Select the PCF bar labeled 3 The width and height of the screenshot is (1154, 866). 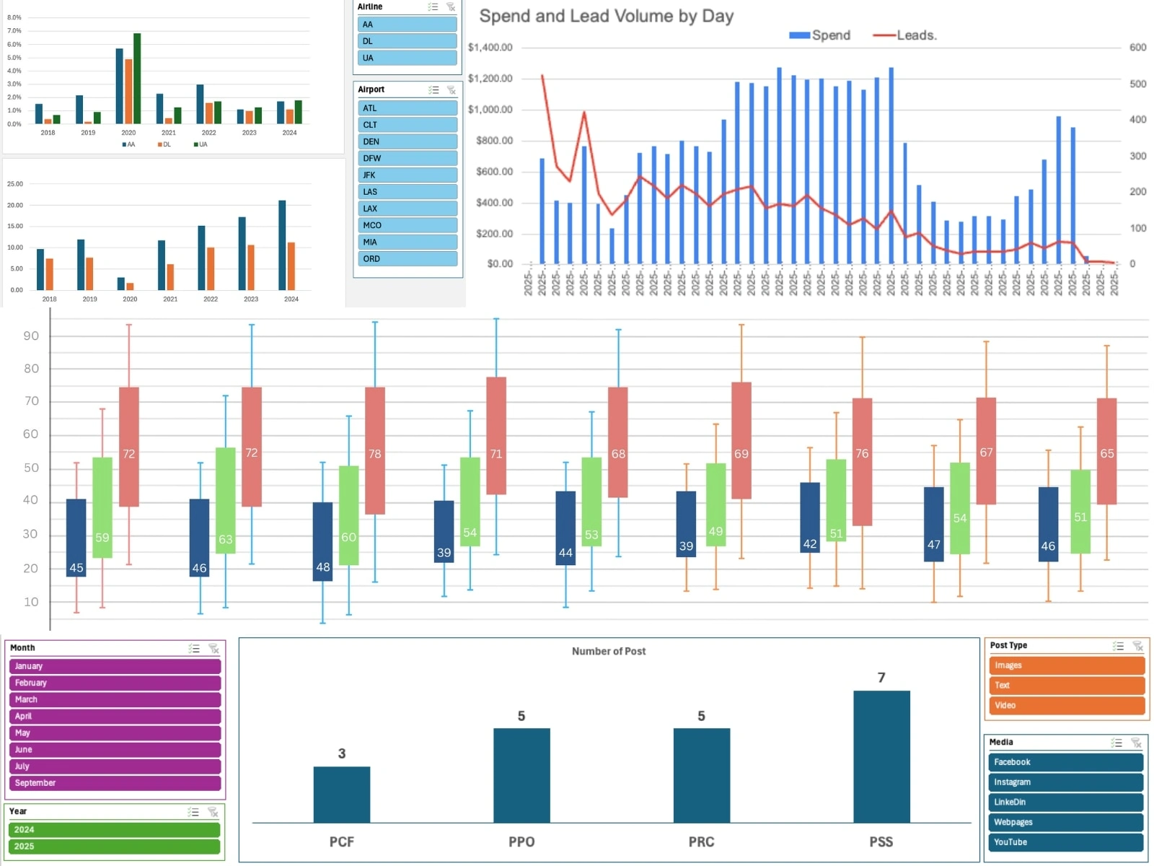tap(341, 794)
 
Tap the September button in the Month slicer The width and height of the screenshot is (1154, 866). tap(115, 783)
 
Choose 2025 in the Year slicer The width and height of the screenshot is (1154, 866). tap(115, 847)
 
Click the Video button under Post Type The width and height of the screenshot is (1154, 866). tap(1066, 705)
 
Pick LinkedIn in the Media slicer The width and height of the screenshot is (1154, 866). tap(1065, 802)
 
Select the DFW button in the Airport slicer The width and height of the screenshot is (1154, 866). tap(408, 158)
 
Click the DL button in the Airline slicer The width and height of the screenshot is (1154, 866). tap(408, 41)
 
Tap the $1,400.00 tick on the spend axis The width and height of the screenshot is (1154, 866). tap(490, 48)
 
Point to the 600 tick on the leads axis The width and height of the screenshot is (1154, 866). tap(1137, 48)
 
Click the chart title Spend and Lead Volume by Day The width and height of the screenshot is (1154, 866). tap(606, 17)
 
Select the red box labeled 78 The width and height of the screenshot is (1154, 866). tap(375, 451)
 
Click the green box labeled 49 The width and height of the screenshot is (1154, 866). tap(715, 504)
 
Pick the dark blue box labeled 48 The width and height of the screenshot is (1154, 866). tap(322, 541)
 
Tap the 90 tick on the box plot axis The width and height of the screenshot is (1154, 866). tap(31, 336)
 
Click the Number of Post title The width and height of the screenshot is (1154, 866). tap(609, 651)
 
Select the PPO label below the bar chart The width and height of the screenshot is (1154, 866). tap(521, 841)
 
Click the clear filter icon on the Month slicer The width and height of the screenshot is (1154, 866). tap(213, 648)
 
